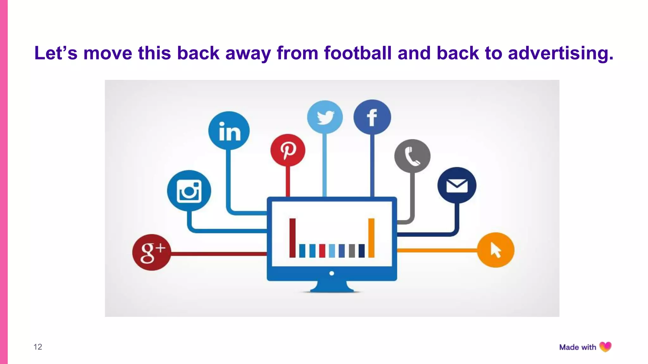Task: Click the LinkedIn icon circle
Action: click(x=229, y=131)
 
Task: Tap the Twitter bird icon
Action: click(x=325, y=117)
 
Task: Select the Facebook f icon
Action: click(x=372, y=117)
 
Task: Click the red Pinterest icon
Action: click(x=288, y=150)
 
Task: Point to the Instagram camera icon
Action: click(x=189, y=191)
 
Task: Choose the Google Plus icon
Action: click(x=152, y=252)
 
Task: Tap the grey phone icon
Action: click(x=412, y=156)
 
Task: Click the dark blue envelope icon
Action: click(x=457, y=185)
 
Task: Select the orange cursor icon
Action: click(x=495, y=250)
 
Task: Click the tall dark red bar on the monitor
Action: click(x=292, y=238)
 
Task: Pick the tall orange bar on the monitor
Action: click(x=371, y=238)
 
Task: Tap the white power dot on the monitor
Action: click(x=332, y=273)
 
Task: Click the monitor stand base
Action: click(x=332, y=288)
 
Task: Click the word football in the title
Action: click(x=358, y=53)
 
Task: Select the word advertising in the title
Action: click(x=560, y=53)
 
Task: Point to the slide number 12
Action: click(x=38, y=347)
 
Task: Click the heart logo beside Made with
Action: click(x=605, y=347)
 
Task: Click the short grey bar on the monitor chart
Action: click(x=352, y=251)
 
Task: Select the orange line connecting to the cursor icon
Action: click(x=437, y=250)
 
